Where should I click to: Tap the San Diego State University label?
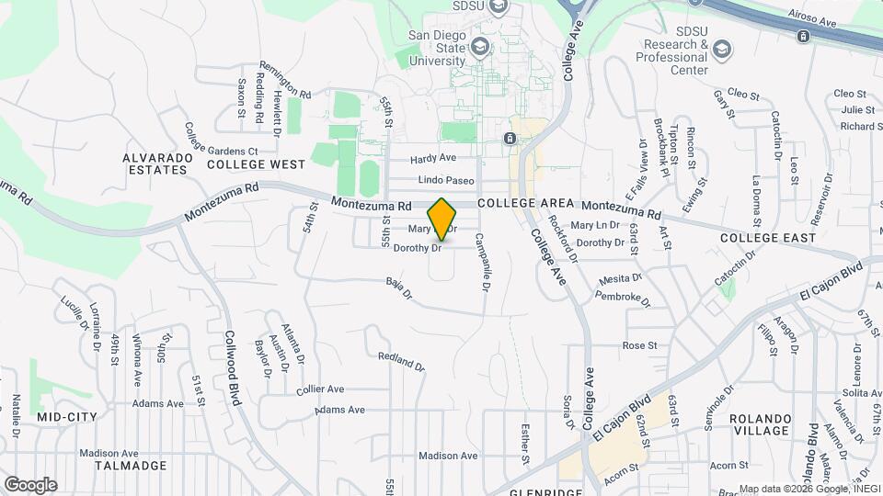tap(438, 49)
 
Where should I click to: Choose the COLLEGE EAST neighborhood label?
tap(767, 238)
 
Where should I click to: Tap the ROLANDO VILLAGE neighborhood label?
tap(760, 424)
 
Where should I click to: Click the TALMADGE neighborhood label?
tap(128, 466)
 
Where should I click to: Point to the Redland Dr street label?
tap(401, 361)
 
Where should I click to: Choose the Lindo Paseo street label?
tap(445, 180)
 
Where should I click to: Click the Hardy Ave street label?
tap(434, 158)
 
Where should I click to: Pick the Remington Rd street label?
tap(285, 80)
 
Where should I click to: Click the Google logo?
tap(30, 485)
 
